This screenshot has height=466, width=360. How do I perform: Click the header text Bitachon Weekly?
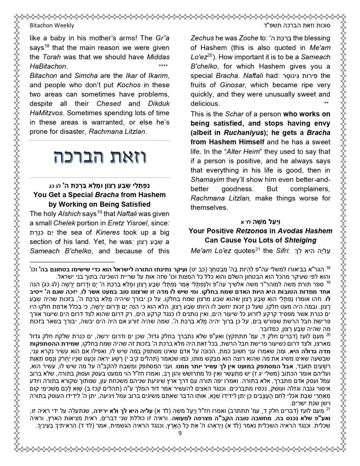click(x=52, y=26)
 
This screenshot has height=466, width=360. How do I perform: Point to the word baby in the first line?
click(x=56, y=38)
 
